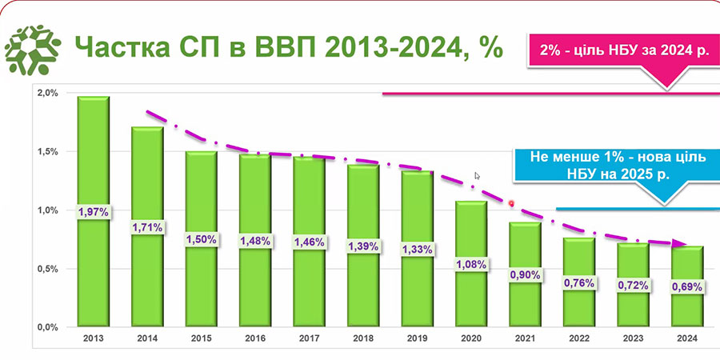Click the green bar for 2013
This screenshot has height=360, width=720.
click(93, 160)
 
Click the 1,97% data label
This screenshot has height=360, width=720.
click(93, 212)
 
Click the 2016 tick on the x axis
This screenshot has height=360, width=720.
click(254, 338)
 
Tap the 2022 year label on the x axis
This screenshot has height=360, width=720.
click(578, 338)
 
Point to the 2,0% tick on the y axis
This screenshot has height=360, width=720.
click(48, 94)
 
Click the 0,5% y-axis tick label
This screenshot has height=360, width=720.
click(48, 270)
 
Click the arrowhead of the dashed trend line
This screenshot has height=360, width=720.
click(680, 244)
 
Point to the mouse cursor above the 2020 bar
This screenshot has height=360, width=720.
click(478, 175)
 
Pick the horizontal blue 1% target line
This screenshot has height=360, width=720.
click(632, 210)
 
